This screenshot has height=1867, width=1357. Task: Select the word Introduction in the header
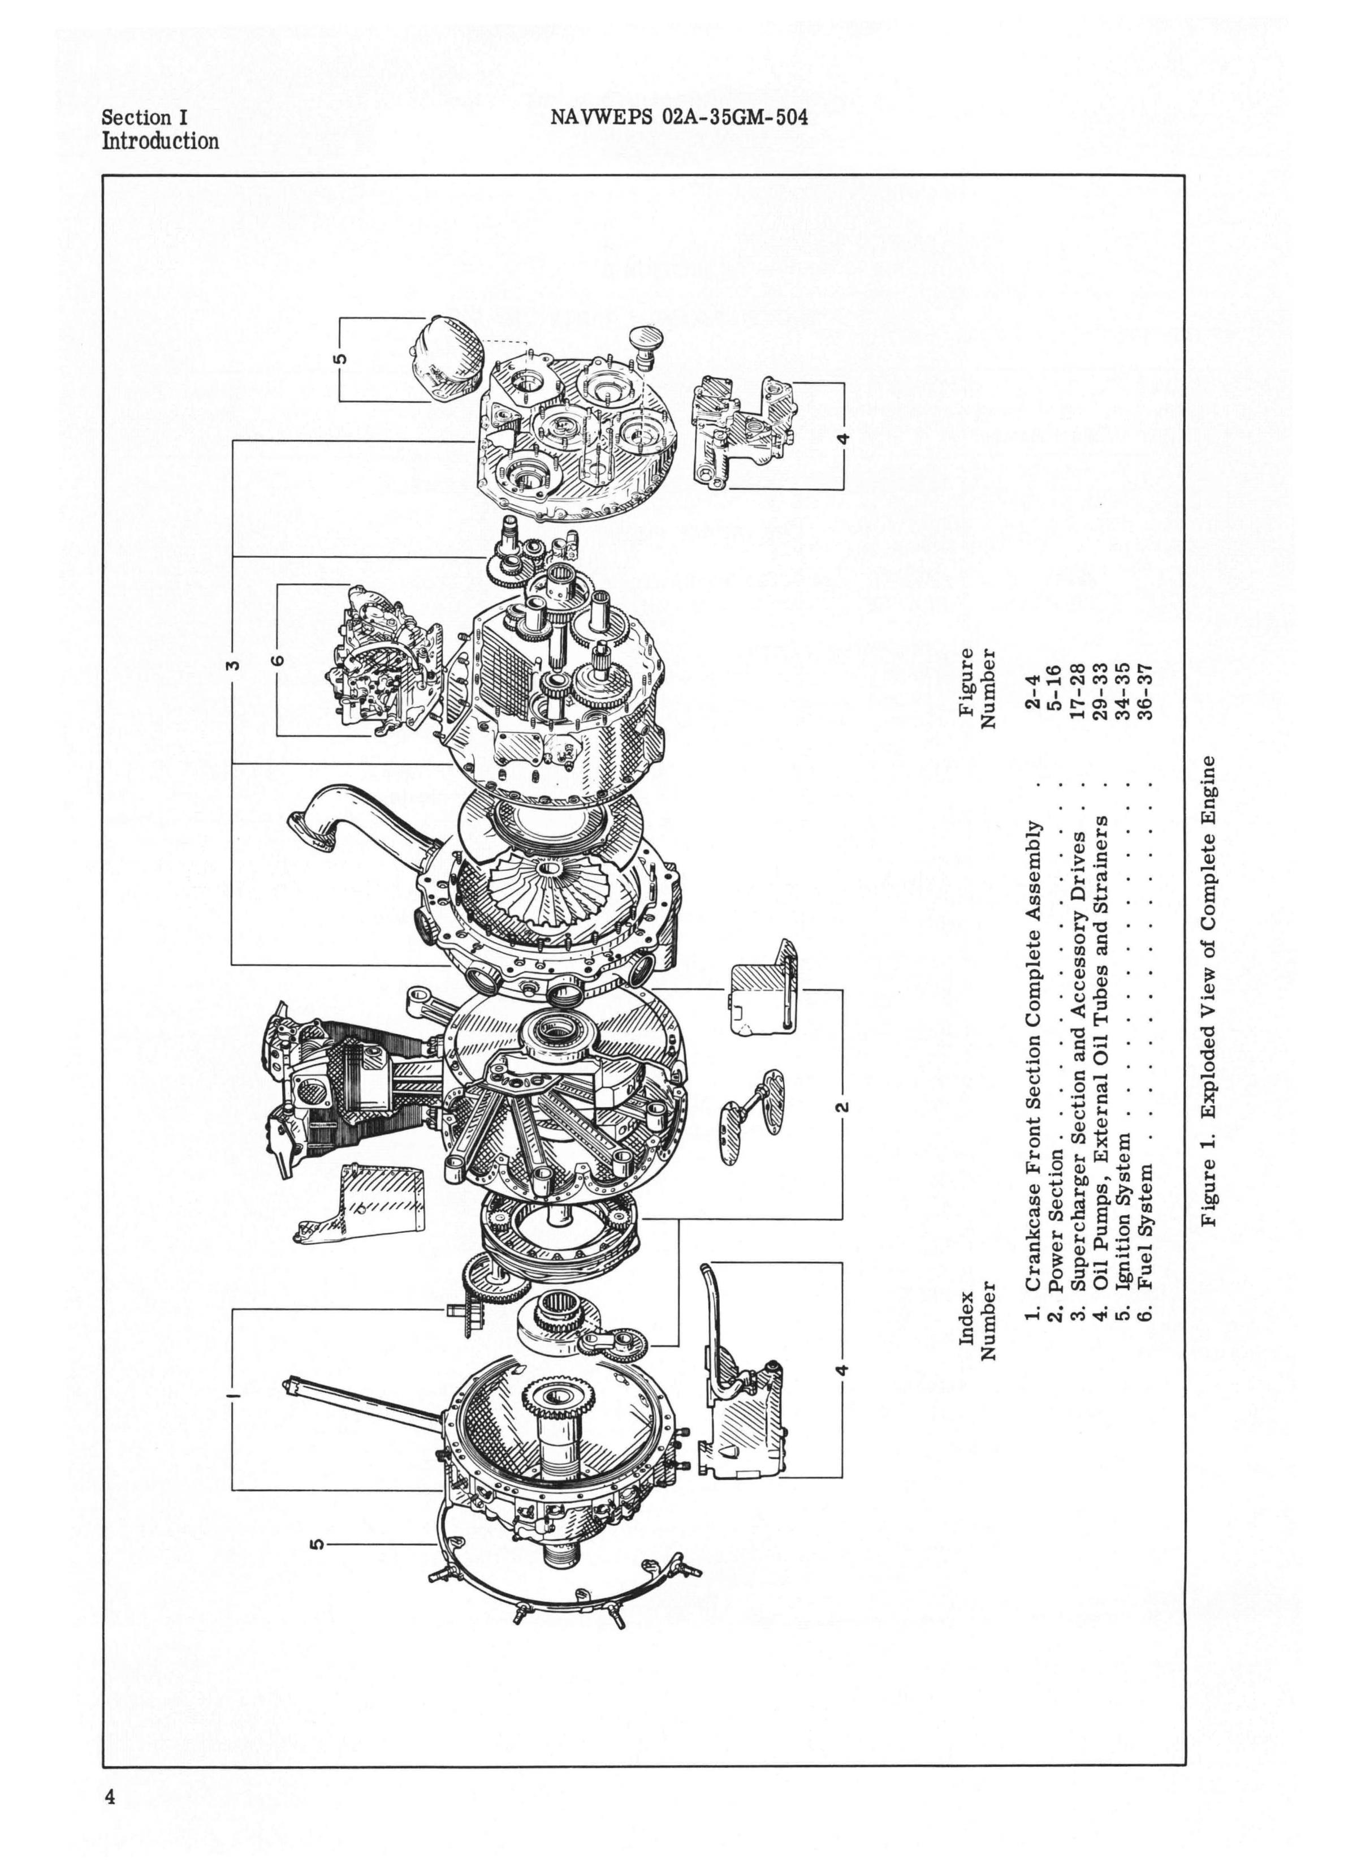click(x=161, y=141)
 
